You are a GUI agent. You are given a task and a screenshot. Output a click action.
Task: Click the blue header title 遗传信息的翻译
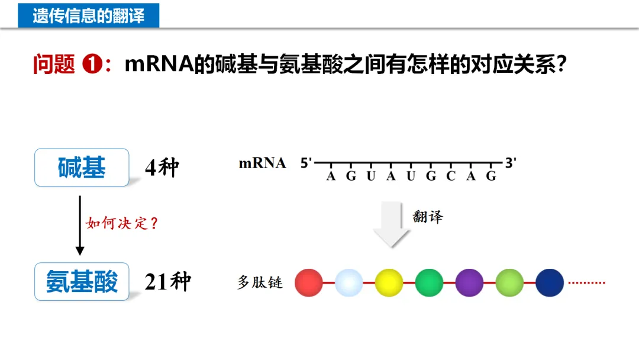pyautogui.click(x=88, y=15)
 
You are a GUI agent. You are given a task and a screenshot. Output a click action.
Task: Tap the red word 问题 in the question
pyautogui.click(x=53, y=64)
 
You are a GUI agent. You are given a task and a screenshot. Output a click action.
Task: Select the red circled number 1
pyautogui.click(x=92, y=64)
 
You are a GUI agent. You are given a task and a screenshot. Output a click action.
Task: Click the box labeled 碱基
pyautogui.click(x=82, y=168)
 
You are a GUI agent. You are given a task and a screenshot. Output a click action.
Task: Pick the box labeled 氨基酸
pyautogui.click(x=82, y=282)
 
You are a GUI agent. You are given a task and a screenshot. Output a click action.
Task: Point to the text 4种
pyautogui.click(x=162, y=169)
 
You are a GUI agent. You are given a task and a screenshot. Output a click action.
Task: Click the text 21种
pyautogui.click(x=167, y=282)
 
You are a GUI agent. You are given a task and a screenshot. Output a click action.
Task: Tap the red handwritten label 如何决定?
pyautogui.click(x=122, y=223)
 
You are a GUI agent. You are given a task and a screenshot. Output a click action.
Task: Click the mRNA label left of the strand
pyautogui.click(x=262, y=163)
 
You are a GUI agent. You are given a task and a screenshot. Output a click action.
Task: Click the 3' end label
pyautogui.click(x=511, y=163)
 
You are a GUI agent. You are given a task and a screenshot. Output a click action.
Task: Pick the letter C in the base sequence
pyautogui.click(x=451, y=176)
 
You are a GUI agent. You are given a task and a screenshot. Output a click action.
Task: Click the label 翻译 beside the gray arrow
pyautogui.click(x=427, y=217)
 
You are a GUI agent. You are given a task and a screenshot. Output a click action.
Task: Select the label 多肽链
pyautogui.click(x=260, y=282)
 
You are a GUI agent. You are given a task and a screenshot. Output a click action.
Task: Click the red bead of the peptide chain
pyautogui.click(x=309, y=282)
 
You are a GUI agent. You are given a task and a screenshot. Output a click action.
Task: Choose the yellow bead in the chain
pyautogui.click(x=389, y=282)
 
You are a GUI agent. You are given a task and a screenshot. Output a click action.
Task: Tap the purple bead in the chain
pyautogui.click(x=469, y=282)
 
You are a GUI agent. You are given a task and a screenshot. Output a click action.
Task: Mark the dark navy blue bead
pyautogui.click(x=550, y=282)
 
